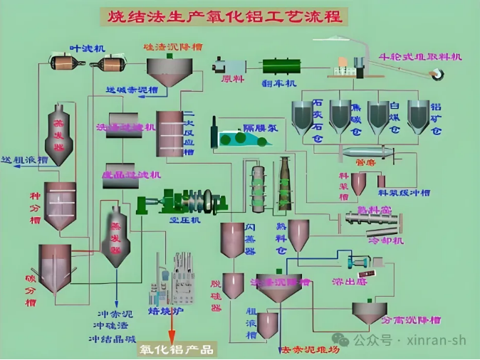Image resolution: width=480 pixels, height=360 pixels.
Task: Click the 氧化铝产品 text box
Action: pyautogui.click(x=176, y=349)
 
